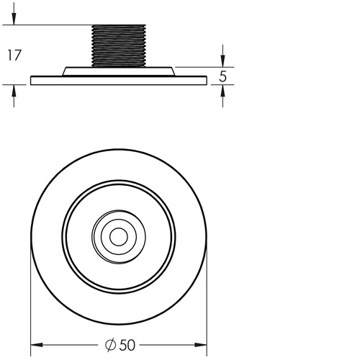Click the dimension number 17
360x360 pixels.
click(13, 54)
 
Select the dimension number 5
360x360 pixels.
click(223, 76)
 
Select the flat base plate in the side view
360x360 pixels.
click(119, 81)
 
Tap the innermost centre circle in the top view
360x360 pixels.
click(119, 235)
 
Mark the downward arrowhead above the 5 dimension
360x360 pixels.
click(223, 60)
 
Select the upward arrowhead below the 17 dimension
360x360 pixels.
click(14, 91)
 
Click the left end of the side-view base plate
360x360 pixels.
click(32, 81)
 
